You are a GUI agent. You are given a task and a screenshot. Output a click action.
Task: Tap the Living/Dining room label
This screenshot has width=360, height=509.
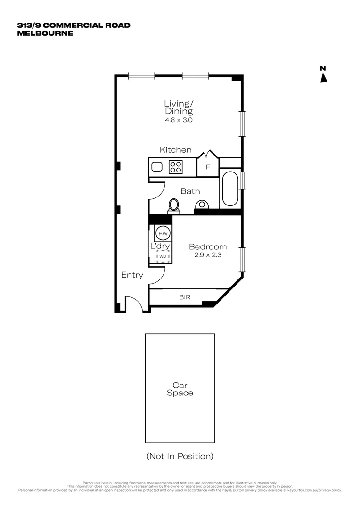point(179,107)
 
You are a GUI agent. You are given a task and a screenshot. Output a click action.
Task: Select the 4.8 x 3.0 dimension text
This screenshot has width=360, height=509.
point(179,120)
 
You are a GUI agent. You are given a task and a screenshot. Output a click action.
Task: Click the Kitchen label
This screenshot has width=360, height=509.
point(175,150)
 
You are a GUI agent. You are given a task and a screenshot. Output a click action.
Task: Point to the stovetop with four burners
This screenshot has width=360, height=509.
point(176,166)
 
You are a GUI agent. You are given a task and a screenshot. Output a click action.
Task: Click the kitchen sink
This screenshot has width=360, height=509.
point(157,166)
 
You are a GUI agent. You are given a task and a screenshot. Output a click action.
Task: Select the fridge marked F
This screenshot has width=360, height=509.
point(207,167)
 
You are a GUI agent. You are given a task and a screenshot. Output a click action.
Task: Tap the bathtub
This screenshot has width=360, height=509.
point(230,189)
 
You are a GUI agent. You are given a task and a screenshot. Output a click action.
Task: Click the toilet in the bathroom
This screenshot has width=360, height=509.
point(174,206)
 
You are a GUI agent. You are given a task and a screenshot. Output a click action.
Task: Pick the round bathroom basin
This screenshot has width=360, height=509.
point(202,205)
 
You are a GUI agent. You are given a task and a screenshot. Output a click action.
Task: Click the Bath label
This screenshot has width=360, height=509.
point(190,191)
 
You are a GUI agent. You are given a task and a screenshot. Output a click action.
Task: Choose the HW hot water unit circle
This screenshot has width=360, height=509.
point(163,234)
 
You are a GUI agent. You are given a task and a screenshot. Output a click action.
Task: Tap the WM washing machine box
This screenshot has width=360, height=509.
point(163,256)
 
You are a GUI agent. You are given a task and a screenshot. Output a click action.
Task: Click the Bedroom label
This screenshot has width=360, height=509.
point(207,246)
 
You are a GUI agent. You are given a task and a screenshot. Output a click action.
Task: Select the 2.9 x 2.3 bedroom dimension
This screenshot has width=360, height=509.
point(207,255)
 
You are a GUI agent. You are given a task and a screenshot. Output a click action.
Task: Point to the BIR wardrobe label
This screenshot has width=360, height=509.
point(184,297)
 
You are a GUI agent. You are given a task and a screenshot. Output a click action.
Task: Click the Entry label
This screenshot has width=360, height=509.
point(132,275)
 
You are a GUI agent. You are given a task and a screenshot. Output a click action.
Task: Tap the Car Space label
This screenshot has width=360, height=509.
point(180,389)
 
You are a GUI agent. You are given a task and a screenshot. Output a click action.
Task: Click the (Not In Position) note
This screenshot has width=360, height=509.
point(180,456)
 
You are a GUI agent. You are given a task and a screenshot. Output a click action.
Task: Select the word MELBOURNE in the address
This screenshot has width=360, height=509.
point(45,33)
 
